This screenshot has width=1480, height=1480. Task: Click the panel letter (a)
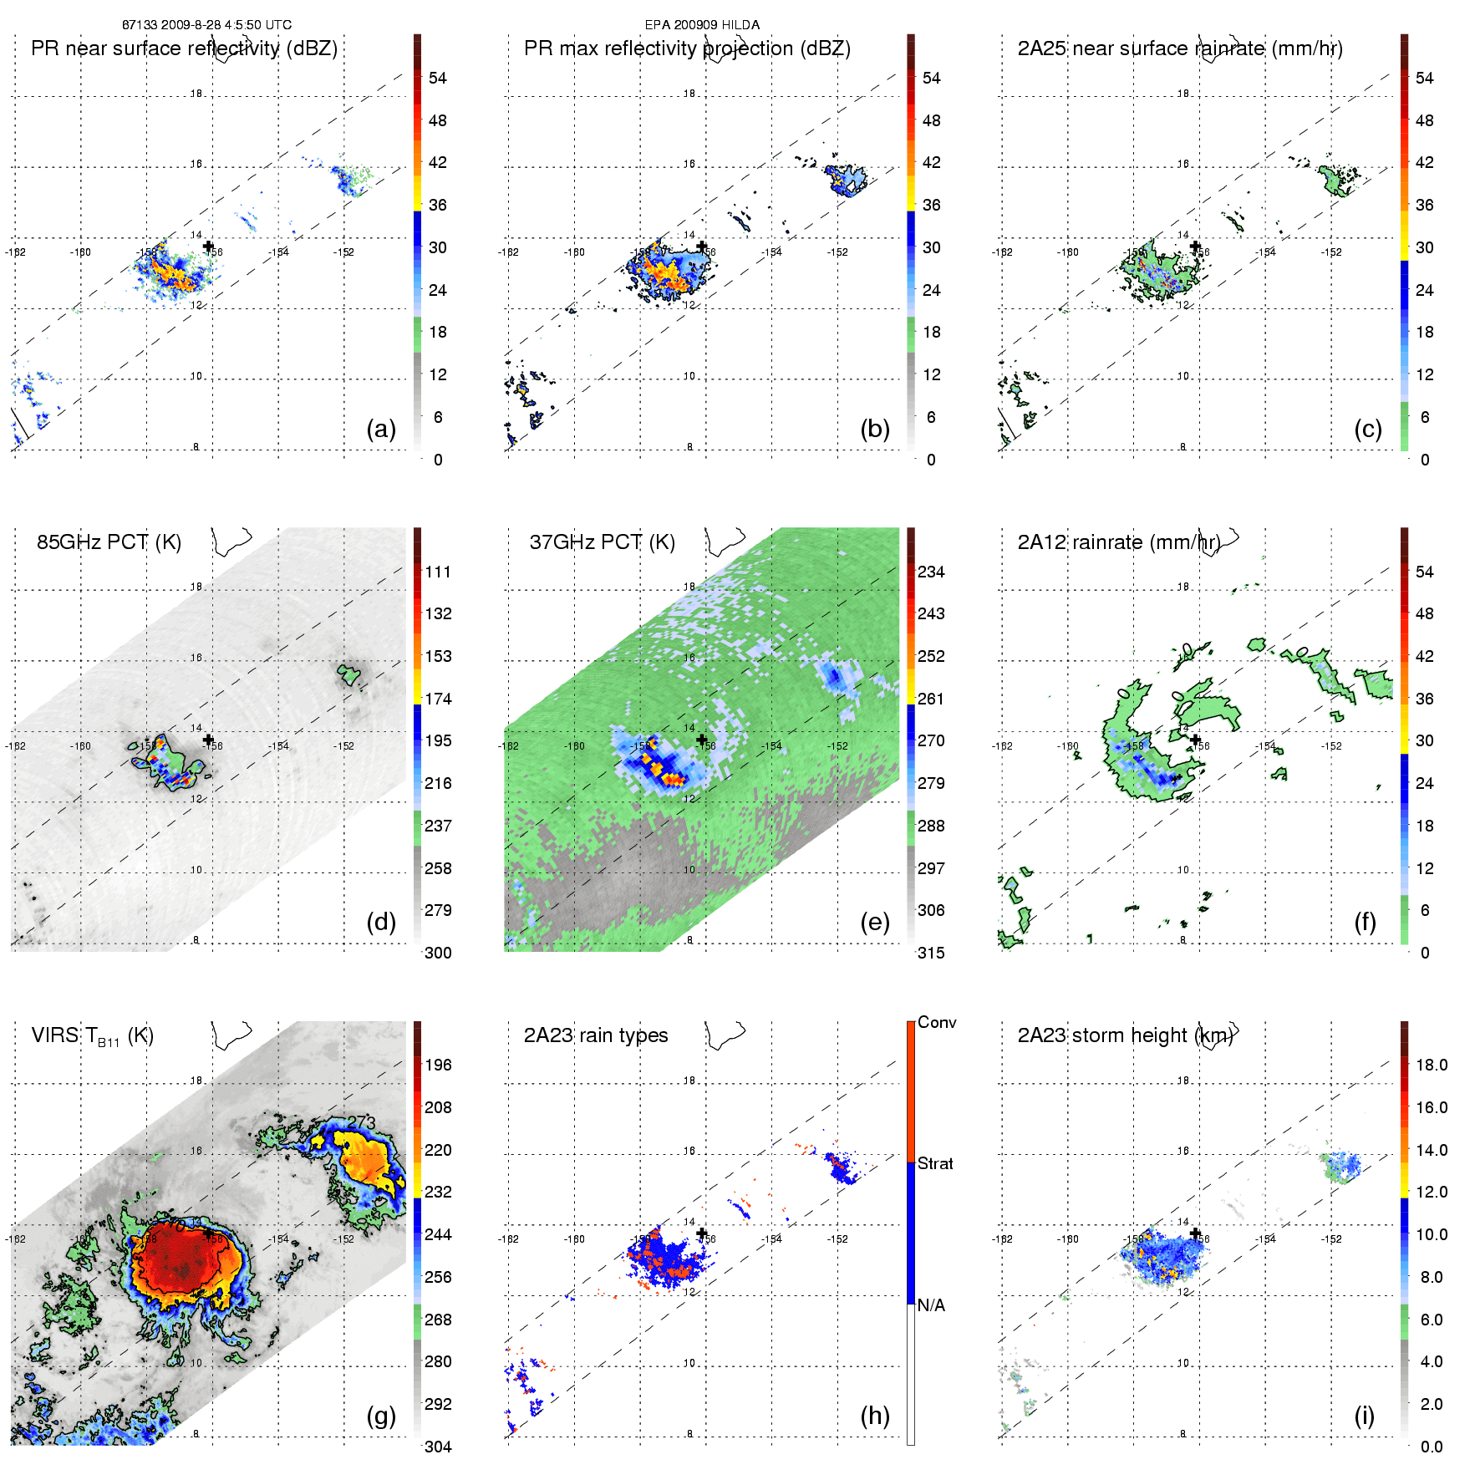coord(381,429)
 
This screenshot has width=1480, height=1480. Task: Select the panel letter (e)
coord(874,922)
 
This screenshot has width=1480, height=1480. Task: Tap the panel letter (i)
coord(1364,1416)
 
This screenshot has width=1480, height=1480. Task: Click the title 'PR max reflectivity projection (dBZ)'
coord(687,48)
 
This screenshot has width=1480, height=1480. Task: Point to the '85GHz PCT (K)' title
coord(109,542)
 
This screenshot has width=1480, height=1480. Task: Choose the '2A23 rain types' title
coord(596,1035)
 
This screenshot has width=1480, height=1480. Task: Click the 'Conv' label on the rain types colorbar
coord(937,1022)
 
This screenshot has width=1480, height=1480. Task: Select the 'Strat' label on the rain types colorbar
coord(935,1163)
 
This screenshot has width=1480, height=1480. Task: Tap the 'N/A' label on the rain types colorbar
coord(931,1305)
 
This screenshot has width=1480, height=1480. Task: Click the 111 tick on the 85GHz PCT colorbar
coord(438,572)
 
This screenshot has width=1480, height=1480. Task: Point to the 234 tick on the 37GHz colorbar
coord(931,572)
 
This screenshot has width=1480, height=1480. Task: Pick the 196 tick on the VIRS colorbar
coord(438,1065)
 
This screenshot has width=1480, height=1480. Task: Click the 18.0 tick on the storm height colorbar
coord(1432,1065)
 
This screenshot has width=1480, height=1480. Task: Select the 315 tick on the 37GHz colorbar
coord(931,953)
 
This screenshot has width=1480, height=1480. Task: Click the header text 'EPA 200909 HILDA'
coord(702,25)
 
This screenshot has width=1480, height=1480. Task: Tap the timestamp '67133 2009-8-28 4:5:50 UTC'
coord(206,25)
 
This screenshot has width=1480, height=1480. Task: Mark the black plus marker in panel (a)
coord(208,246)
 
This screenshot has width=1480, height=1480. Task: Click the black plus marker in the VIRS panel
coord(208,1233)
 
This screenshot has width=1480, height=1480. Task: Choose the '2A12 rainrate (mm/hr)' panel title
coord(1118,542)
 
